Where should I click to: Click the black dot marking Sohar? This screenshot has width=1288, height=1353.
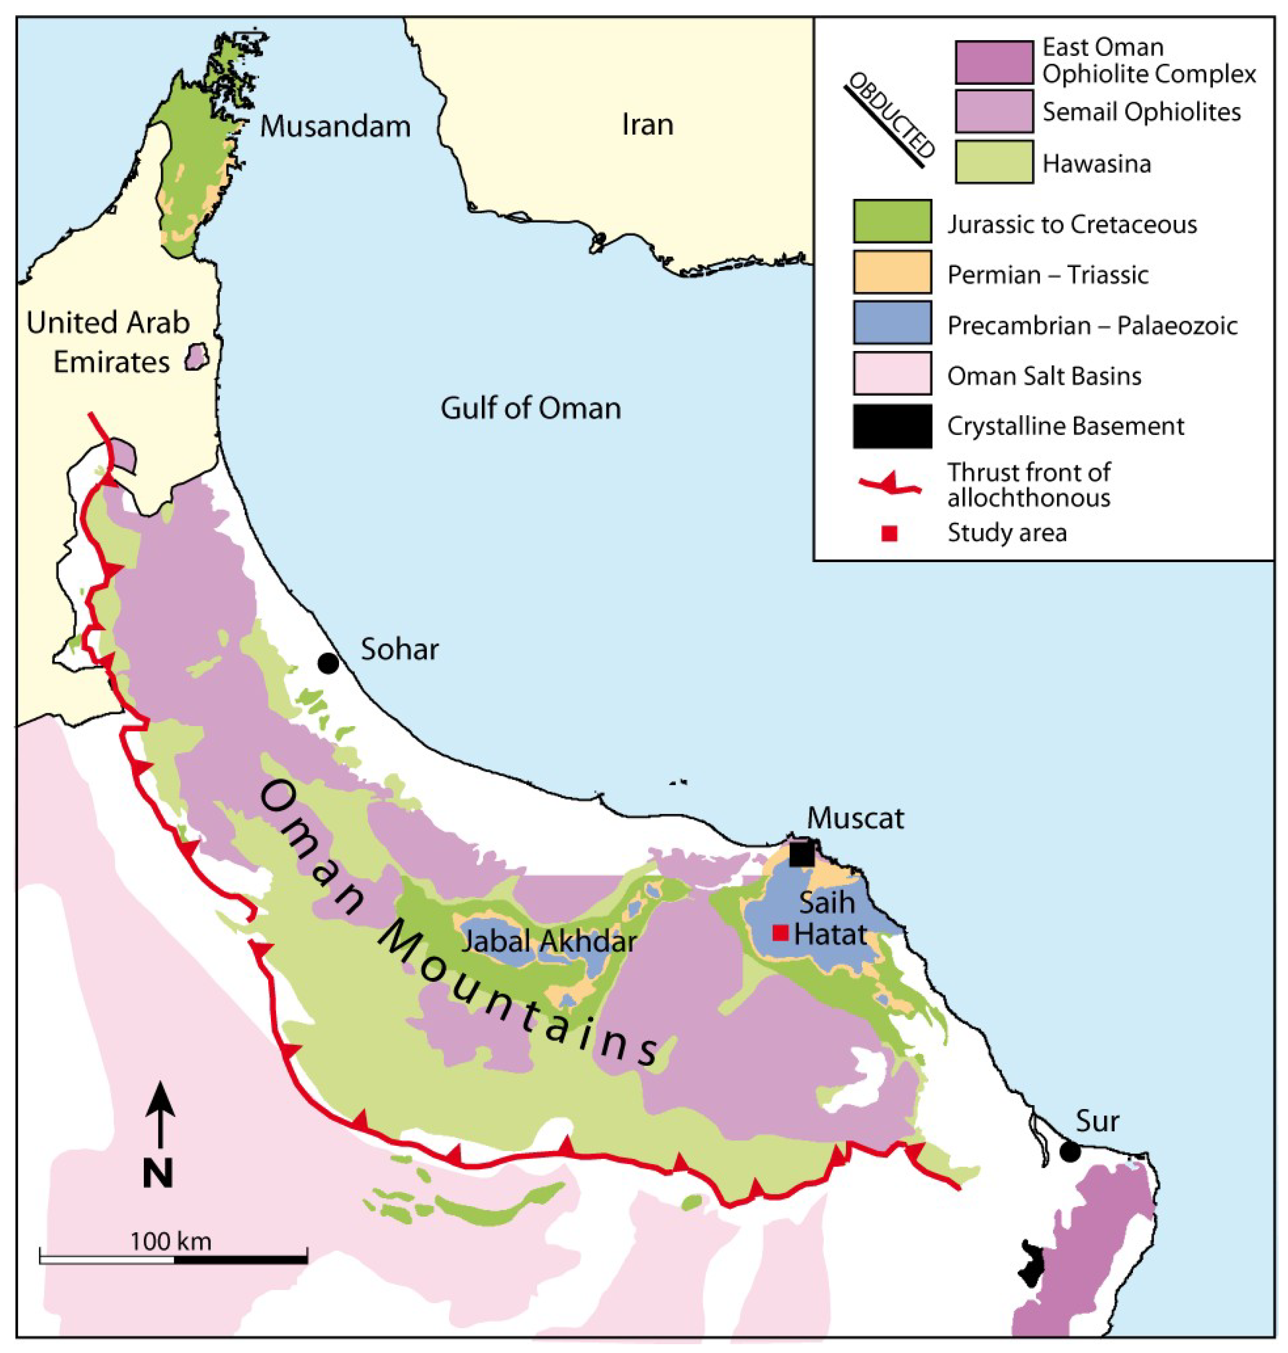[328, 663]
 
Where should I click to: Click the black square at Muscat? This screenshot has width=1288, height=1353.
[802, 854]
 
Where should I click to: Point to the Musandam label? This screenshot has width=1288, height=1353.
[335, 126]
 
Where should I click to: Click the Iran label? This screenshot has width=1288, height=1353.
[647, 124]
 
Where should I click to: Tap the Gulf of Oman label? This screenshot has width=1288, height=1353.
[531, 408]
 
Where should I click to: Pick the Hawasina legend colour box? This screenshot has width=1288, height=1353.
[994, 162]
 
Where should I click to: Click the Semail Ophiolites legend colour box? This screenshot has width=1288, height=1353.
[994, 110]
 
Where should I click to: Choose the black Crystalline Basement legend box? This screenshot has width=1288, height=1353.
[892, 426]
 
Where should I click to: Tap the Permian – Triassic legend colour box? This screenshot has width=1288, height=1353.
[892, 272]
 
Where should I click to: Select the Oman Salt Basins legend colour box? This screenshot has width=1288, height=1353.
[892, 374]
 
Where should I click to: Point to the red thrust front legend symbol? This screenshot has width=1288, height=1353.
[891, 484]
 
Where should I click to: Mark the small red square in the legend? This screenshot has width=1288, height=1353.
[889, 534]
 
